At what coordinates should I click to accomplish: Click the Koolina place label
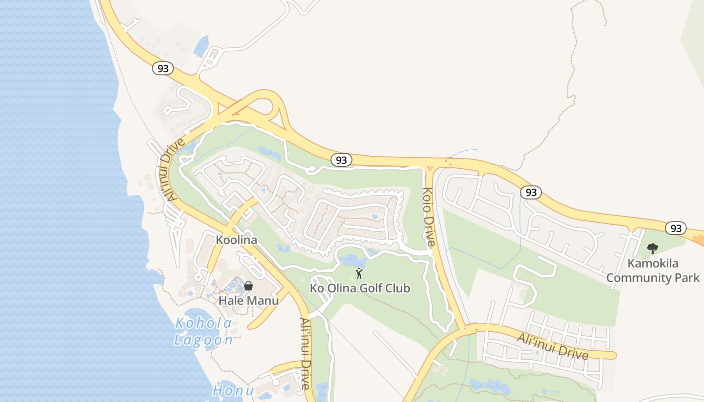point(236,240)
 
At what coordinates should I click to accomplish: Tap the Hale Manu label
point(248,300)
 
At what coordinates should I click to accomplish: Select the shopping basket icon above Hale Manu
point(248,286)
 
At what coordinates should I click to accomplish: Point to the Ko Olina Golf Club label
point(360,288)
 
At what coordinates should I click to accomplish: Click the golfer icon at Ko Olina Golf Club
point(359,273)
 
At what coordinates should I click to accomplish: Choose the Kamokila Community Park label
point(653,270)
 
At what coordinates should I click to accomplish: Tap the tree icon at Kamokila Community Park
point(653,248)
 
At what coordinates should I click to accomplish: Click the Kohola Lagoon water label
point(204,332)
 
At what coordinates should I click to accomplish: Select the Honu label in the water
point(232,390)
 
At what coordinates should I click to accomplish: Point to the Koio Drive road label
point(428,217)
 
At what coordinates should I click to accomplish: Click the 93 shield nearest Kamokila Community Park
point(676,228)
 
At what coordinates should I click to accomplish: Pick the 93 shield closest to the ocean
point(163,68)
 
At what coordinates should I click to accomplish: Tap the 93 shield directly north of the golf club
point(341,160)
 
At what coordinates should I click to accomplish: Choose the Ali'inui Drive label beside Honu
point(305,354)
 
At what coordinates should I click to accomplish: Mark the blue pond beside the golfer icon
point(352,260)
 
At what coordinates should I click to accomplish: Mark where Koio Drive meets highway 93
point(429,166)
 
